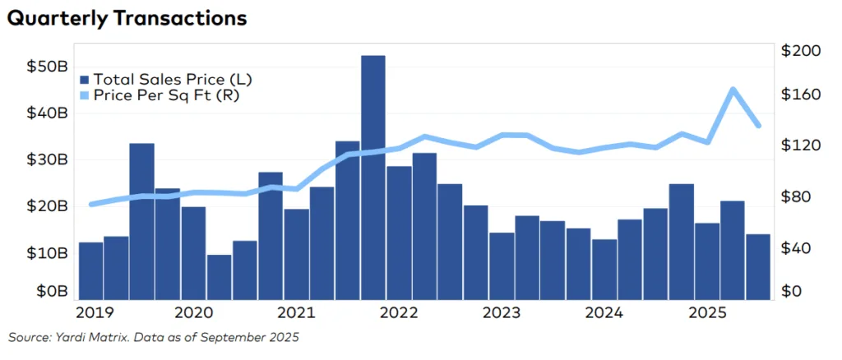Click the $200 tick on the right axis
[x=800, y=51]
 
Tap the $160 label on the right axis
[x=800, y=95]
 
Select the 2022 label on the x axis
[x=400, y=313]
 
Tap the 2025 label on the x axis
[x=707, y=313]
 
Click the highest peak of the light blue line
[x=733, y=90]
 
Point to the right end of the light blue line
[x=758, y=125]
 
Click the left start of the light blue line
[x=91, y=204]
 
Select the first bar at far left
[x=90, y=270]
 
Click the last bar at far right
[x=758, y=266]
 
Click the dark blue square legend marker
[x=84, y=80]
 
